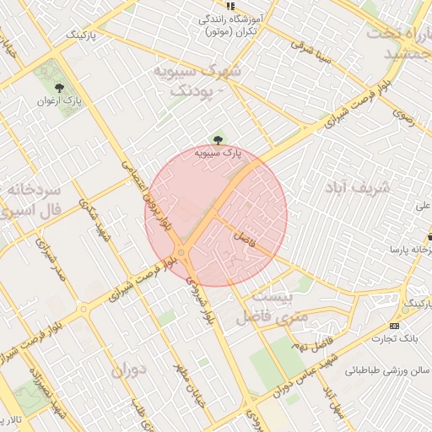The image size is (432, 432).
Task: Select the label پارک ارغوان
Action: click(58, 100)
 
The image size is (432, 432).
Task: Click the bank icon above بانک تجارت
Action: click(394, 327)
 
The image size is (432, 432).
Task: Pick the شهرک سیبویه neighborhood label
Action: click(196, 79)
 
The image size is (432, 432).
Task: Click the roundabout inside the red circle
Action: click(181, 254)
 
